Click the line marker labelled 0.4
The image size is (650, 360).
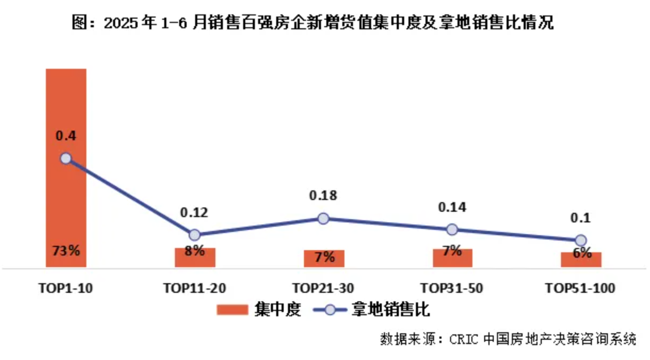[66, 158]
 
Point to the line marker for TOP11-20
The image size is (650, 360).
[195, 235]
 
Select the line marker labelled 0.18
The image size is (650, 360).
[323, 218]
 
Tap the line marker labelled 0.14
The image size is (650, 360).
[452, 229]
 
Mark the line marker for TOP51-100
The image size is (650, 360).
[581, 240]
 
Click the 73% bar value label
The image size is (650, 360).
[66, 250]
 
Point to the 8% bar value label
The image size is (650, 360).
[195, 250]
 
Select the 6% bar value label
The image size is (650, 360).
[581, 254]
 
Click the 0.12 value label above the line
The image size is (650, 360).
[194, 212]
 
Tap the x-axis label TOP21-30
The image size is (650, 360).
[323, 289]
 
